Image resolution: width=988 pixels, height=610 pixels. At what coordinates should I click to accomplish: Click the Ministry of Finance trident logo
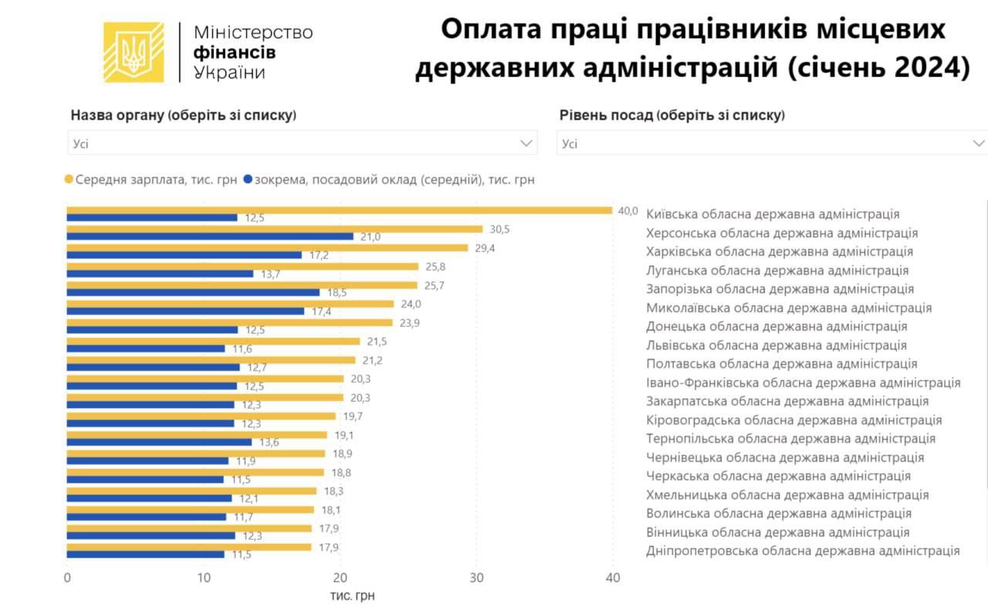[134, 52]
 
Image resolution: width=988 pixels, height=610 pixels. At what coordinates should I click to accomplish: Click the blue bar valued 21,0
[210, 236]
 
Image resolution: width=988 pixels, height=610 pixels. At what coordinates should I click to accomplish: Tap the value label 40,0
[628, 211]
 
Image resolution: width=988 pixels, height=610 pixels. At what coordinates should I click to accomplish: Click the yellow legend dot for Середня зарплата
[69, 180]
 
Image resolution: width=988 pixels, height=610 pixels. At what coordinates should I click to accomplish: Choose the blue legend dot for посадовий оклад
[248, 180]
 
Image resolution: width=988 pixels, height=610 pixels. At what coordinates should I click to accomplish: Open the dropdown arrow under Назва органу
[528, 143]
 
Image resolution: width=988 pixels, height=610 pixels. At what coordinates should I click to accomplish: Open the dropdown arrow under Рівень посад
[979, 143]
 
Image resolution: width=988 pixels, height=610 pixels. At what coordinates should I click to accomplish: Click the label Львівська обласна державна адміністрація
[776, 345]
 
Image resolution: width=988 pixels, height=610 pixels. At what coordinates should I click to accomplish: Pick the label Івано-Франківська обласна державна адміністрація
[803, 383]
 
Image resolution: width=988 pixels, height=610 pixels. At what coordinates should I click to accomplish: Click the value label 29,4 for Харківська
[483, 248]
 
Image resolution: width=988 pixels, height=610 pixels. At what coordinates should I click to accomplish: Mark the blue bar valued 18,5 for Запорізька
[193, 292]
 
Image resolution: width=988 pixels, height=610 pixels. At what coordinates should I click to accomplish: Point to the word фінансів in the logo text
[234, 52]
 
